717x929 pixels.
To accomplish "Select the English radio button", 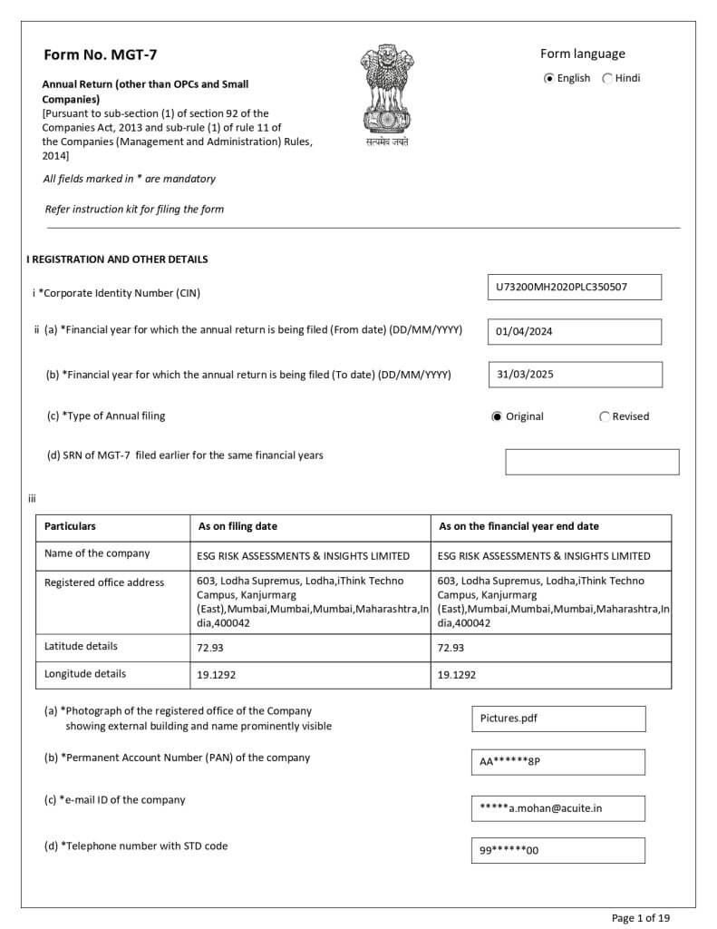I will [x=549, y=78].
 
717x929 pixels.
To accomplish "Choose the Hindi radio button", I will [x=607, y=78].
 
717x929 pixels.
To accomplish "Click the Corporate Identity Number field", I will [x=574, y=288].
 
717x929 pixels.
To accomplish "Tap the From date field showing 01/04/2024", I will [x=574, y=331].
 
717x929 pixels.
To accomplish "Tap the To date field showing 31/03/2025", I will [x=574, y=375].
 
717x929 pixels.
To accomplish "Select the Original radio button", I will [x=497, y=417].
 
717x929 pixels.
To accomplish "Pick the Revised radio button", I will [x=605, y=417].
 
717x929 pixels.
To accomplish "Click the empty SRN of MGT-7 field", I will [x=591, y=462].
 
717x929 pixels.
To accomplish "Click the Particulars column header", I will [x=70, y=526].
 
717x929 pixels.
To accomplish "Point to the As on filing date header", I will [x=237, y=526].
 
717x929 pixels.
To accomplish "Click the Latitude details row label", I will [x=81, y=646].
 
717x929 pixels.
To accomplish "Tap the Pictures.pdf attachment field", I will [x=557, y=719].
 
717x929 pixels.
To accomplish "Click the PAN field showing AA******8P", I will [x=557, y=762].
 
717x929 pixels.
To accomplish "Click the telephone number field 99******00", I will [x=557, y=851].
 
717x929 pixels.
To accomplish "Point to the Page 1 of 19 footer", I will [x=641, y=918].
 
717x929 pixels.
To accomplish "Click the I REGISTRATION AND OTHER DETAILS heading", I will [x=117, y=259].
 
